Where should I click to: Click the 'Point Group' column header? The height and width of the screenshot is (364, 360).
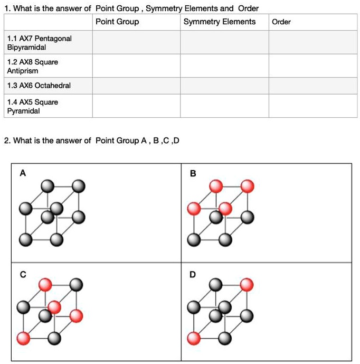tap(117, 22)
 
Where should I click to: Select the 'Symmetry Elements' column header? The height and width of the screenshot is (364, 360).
tap(219, 22)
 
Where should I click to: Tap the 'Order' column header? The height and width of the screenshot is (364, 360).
tap(281, 22)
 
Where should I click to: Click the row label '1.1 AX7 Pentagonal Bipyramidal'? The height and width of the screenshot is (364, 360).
tap(40, 43)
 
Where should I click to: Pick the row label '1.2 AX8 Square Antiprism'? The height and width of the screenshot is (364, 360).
tap(33, 66)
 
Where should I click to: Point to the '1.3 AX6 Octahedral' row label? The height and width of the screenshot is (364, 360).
tap(39, 86)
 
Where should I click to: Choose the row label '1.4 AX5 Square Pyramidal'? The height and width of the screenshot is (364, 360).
tap(33, 106)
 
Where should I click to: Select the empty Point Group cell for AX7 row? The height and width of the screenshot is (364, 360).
tap(136, 43)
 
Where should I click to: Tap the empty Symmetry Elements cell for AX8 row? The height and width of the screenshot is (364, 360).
tap(224, 66)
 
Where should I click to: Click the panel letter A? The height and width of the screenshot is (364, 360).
tap(22, 172)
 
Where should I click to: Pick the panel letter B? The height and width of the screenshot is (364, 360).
tap(193, 172)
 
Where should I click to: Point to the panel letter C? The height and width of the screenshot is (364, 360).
tap(22, 274)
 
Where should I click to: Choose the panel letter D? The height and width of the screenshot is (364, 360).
tap(193, 274)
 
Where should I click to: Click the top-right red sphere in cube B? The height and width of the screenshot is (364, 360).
tap(247, 186)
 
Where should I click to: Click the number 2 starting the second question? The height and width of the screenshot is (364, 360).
tap(6, 141)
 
